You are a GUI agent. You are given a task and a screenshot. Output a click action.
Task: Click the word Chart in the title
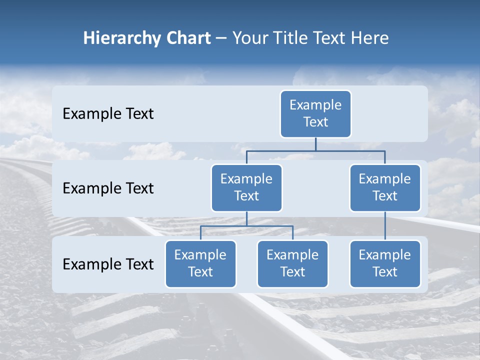(186, 38)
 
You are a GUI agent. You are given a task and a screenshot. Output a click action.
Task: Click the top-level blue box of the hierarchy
(315, 113)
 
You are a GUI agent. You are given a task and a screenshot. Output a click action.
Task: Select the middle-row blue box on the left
(246, 187)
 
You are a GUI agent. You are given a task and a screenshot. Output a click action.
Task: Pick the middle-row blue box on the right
(385, 187)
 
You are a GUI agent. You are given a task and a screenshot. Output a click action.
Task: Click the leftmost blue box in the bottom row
(200, 263)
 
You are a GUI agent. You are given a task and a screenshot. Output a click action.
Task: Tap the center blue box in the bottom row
(292, 263)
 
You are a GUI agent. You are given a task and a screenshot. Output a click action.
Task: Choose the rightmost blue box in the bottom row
(385, 263)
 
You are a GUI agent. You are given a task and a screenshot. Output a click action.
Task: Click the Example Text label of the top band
(108, 114)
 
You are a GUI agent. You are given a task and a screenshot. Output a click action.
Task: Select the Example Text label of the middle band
(108, 188)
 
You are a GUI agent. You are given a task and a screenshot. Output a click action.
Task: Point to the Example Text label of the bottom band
(108, 264)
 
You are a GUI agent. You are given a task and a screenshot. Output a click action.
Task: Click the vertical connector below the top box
(315, 144)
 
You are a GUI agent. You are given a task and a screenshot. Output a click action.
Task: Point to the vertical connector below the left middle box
(246, 218)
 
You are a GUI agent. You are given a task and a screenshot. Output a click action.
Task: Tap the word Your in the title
(249, 38)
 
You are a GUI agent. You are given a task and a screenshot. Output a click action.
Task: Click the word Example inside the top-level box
(315, 105)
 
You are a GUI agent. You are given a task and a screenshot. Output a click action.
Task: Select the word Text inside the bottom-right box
(385, 272)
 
